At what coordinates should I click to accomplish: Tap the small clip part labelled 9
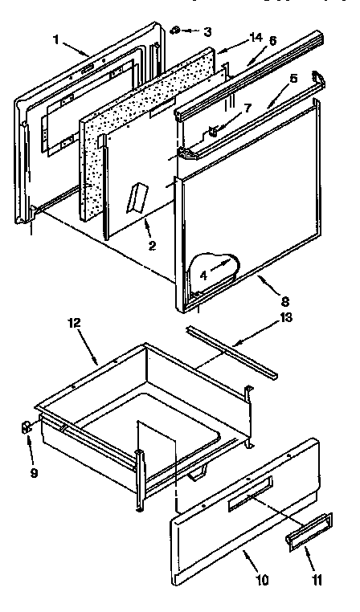click(x=27, y=425)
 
